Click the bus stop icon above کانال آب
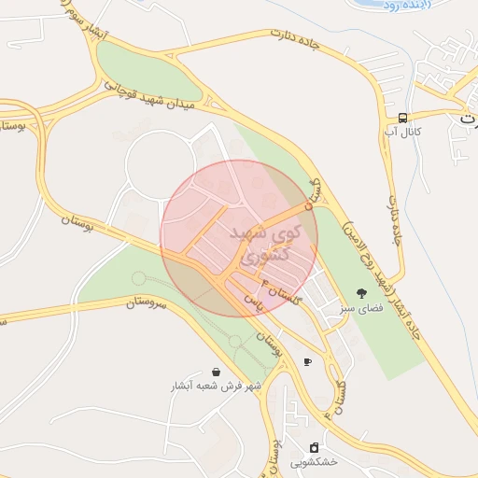coord(402,118)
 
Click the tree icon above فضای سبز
coord(361,292)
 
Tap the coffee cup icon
coord(307,361)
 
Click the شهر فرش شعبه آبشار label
coord(216,386)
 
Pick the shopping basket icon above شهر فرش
coord(217,372)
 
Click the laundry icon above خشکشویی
coord(314,447)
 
